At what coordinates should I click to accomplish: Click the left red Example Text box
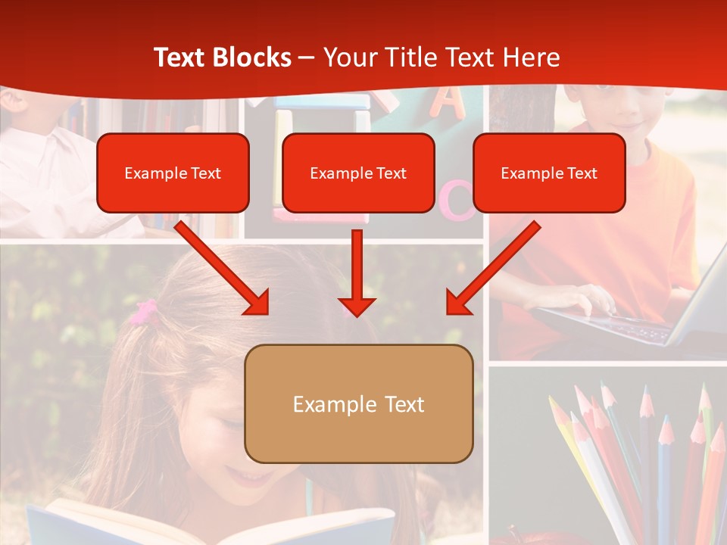point(173,173)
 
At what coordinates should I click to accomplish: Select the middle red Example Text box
point(358,173)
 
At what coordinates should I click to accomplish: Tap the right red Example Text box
point(549,173)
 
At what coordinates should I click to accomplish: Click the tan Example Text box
point(358,404)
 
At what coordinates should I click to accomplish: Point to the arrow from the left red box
point(221,267)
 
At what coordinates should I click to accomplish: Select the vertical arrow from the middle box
point(357,272)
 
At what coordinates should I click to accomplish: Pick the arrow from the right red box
point(494,267)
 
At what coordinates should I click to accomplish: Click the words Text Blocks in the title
point(222,58)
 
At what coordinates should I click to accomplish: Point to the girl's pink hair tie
point(144,311)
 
